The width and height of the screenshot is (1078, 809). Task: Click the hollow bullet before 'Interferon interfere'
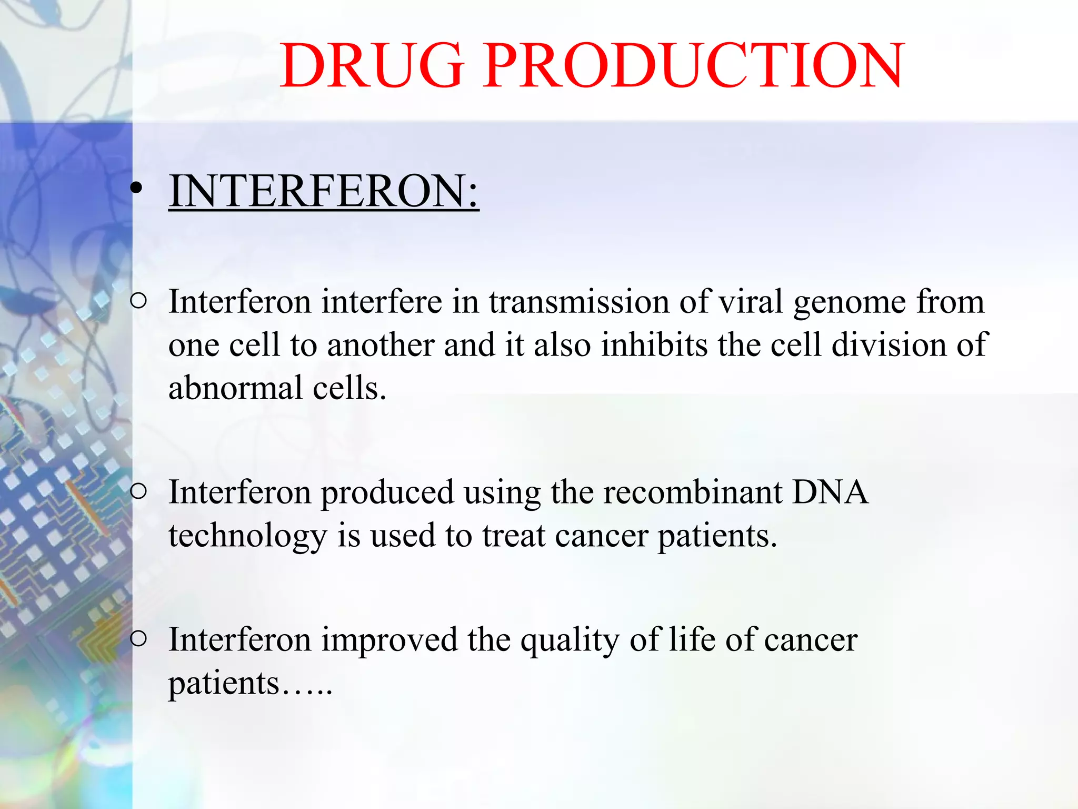pyautogui.click(x=138, y=301)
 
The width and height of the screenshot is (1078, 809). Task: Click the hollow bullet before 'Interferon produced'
pyautogui.click(x=138, y=491)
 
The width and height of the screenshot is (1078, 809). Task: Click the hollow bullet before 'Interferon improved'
pyautogui.click(x=138, y=639)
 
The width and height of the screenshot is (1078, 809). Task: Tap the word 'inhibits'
pyautogui.click(x=654, y=345)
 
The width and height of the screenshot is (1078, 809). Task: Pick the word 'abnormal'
pyautogui.click(x=235, y=388)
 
